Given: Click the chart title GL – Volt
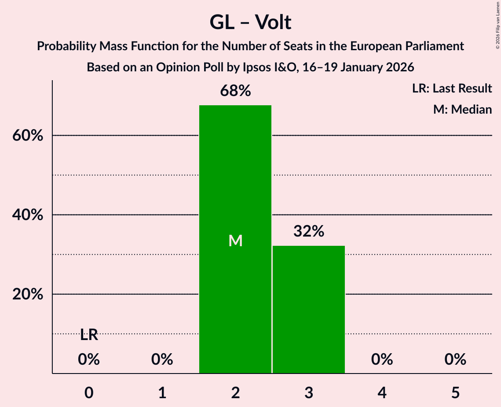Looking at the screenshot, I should click(250, 22).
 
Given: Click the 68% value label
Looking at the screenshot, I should click(235, 91).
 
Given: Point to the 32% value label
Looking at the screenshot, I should click(309, 231).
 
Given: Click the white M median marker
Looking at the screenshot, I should click(235, 240).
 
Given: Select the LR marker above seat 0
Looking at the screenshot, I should click(89, 335).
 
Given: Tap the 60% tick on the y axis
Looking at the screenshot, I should click(28, 136).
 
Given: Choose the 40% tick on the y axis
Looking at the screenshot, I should click(28, 215).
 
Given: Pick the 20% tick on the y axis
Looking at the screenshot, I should click(28, 294).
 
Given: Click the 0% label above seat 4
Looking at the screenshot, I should click(382, 360).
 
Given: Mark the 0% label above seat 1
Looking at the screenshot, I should click(162, 360).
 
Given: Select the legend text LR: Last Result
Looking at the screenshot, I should click(452, 89).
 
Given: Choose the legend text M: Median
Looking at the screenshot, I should click(462, 109).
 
